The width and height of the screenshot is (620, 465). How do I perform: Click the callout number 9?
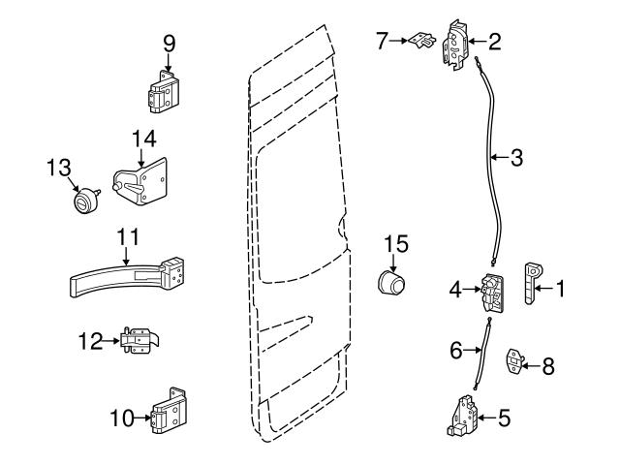169,43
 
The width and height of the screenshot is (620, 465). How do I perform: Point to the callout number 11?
126,236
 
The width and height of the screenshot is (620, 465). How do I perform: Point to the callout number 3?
517,157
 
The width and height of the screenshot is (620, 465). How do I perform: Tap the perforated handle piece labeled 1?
532,283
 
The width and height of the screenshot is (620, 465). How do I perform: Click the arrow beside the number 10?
141,418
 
